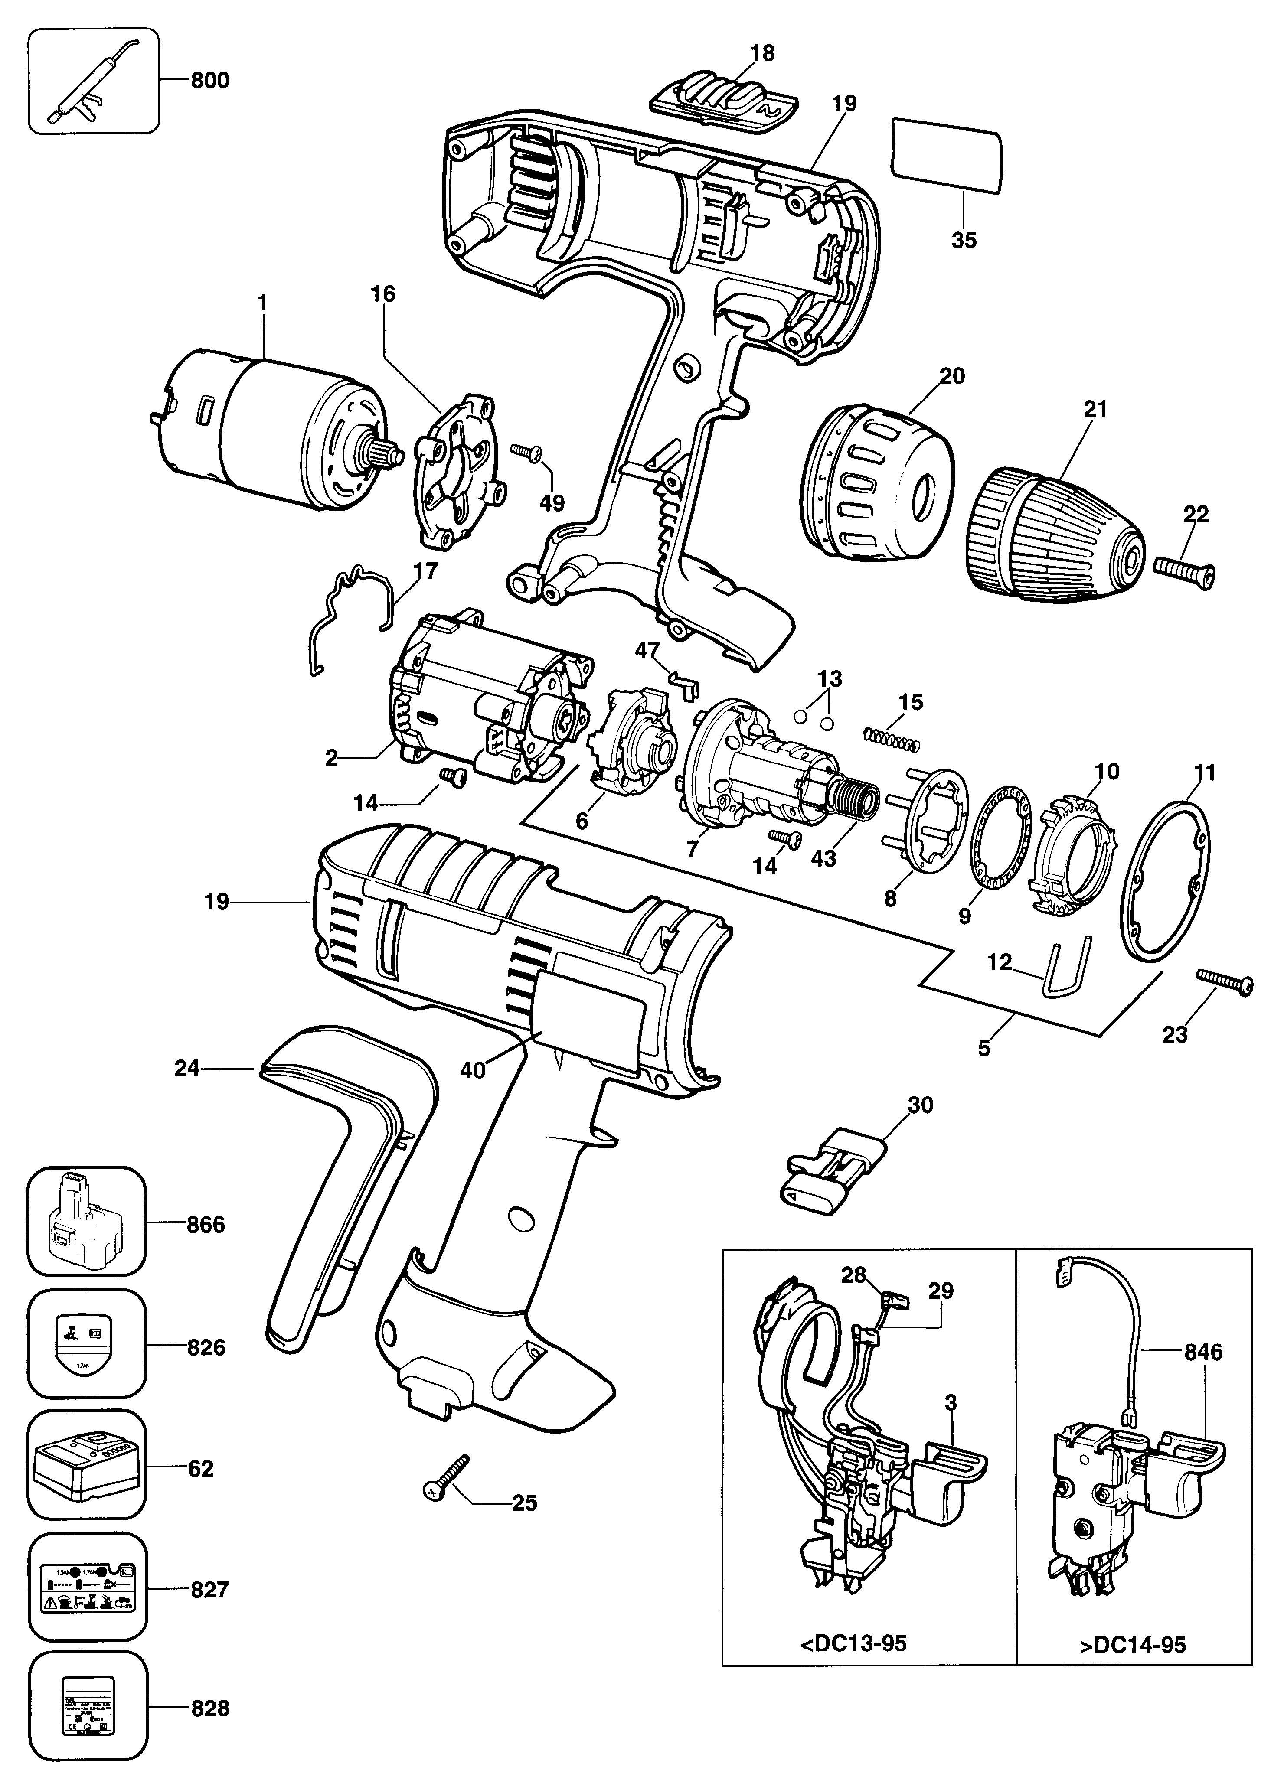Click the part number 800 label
coord(210,80)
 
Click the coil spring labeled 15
coord(891,737)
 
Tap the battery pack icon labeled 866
coord(86,1225)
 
